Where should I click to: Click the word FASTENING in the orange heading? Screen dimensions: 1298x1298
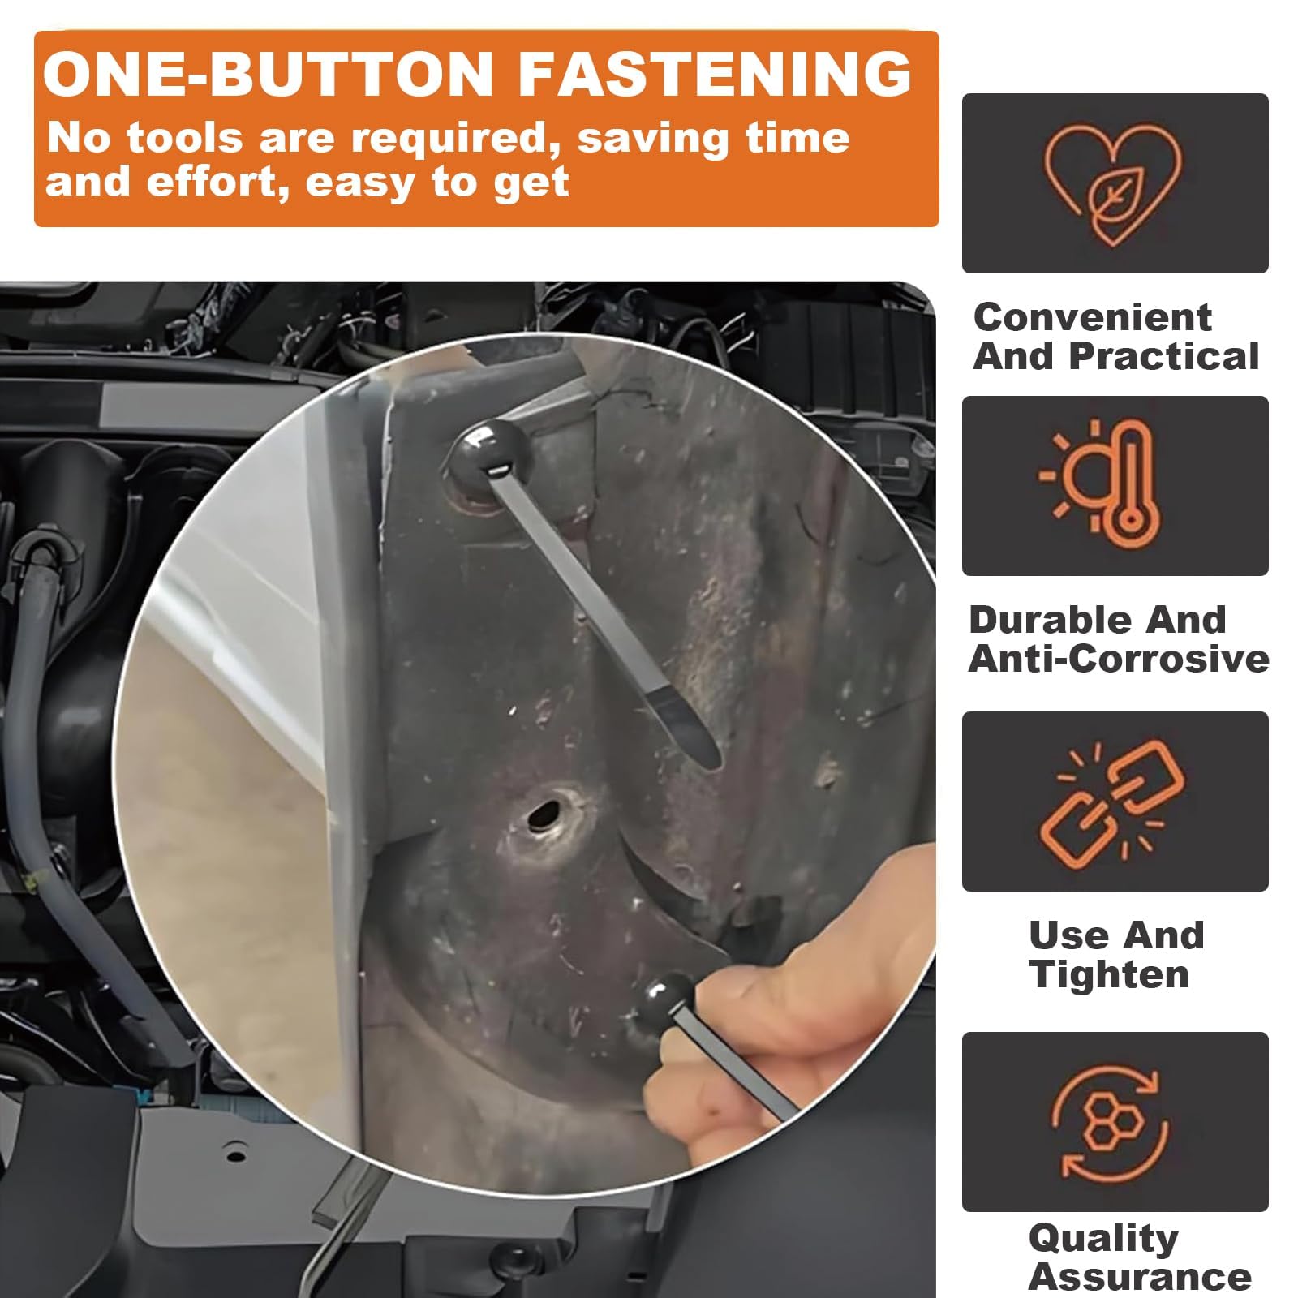click(715, 74)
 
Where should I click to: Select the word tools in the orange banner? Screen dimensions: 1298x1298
click(184, 139)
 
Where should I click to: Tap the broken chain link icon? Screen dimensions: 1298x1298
click(1113, 801)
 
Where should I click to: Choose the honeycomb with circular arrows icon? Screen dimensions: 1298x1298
click(1112, 1123)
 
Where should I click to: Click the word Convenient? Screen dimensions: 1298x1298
click(1093, 317)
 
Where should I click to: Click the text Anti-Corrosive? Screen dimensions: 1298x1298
click(1119, 659)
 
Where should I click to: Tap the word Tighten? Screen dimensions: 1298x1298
click(1109, 974)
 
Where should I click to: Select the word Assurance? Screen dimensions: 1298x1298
click(1140, 1277)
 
